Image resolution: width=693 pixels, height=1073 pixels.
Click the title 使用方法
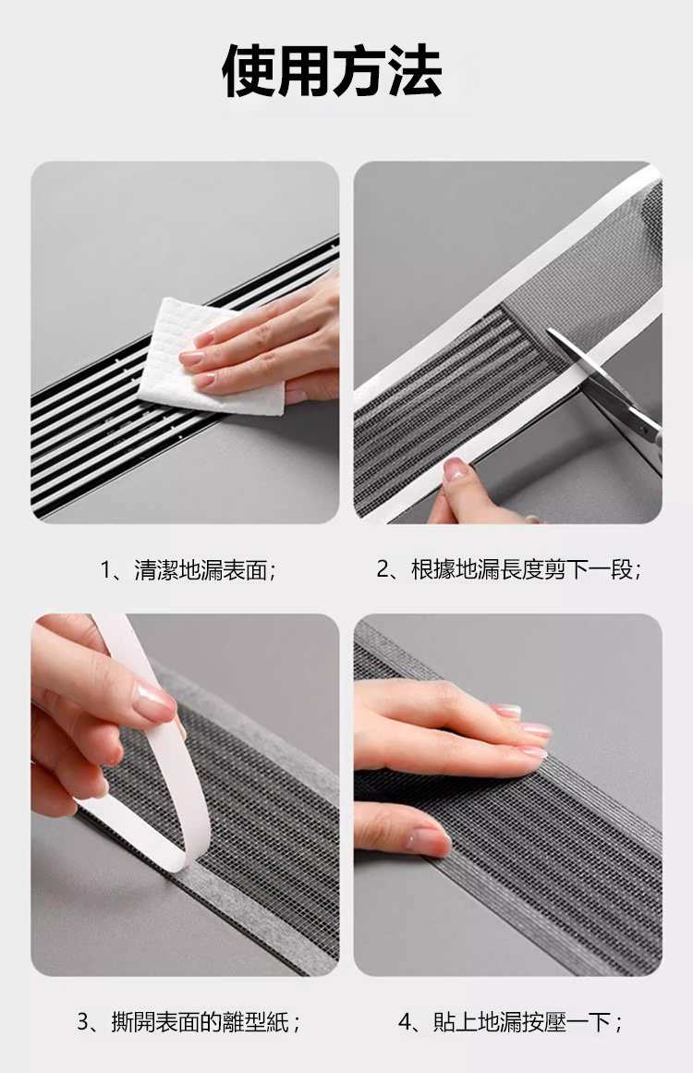pos(333,71)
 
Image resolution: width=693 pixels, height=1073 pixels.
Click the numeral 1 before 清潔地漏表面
pos(105,569)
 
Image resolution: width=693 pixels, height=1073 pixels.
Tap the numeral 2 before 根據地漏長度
pos(383,569)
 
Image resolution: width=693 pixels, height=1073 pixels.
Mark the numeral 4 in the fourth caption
pos(406,1022)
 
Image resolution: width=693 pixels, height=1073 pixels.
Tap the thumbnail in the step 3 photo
pos(154,702)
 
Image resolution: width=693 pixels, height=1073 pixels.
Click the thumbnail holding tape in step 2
pos(455,469)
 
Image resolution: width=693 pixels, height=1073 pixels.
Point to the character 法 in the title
pos(416,71)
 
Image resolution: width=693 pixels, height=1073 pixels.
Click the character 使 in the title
pos(249,71)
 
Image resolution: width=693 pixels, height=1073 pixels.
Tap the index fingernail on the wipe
pos(191,358)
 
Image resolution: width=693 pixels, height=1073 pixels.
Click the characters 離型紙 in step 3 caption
pos(257,1022)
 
